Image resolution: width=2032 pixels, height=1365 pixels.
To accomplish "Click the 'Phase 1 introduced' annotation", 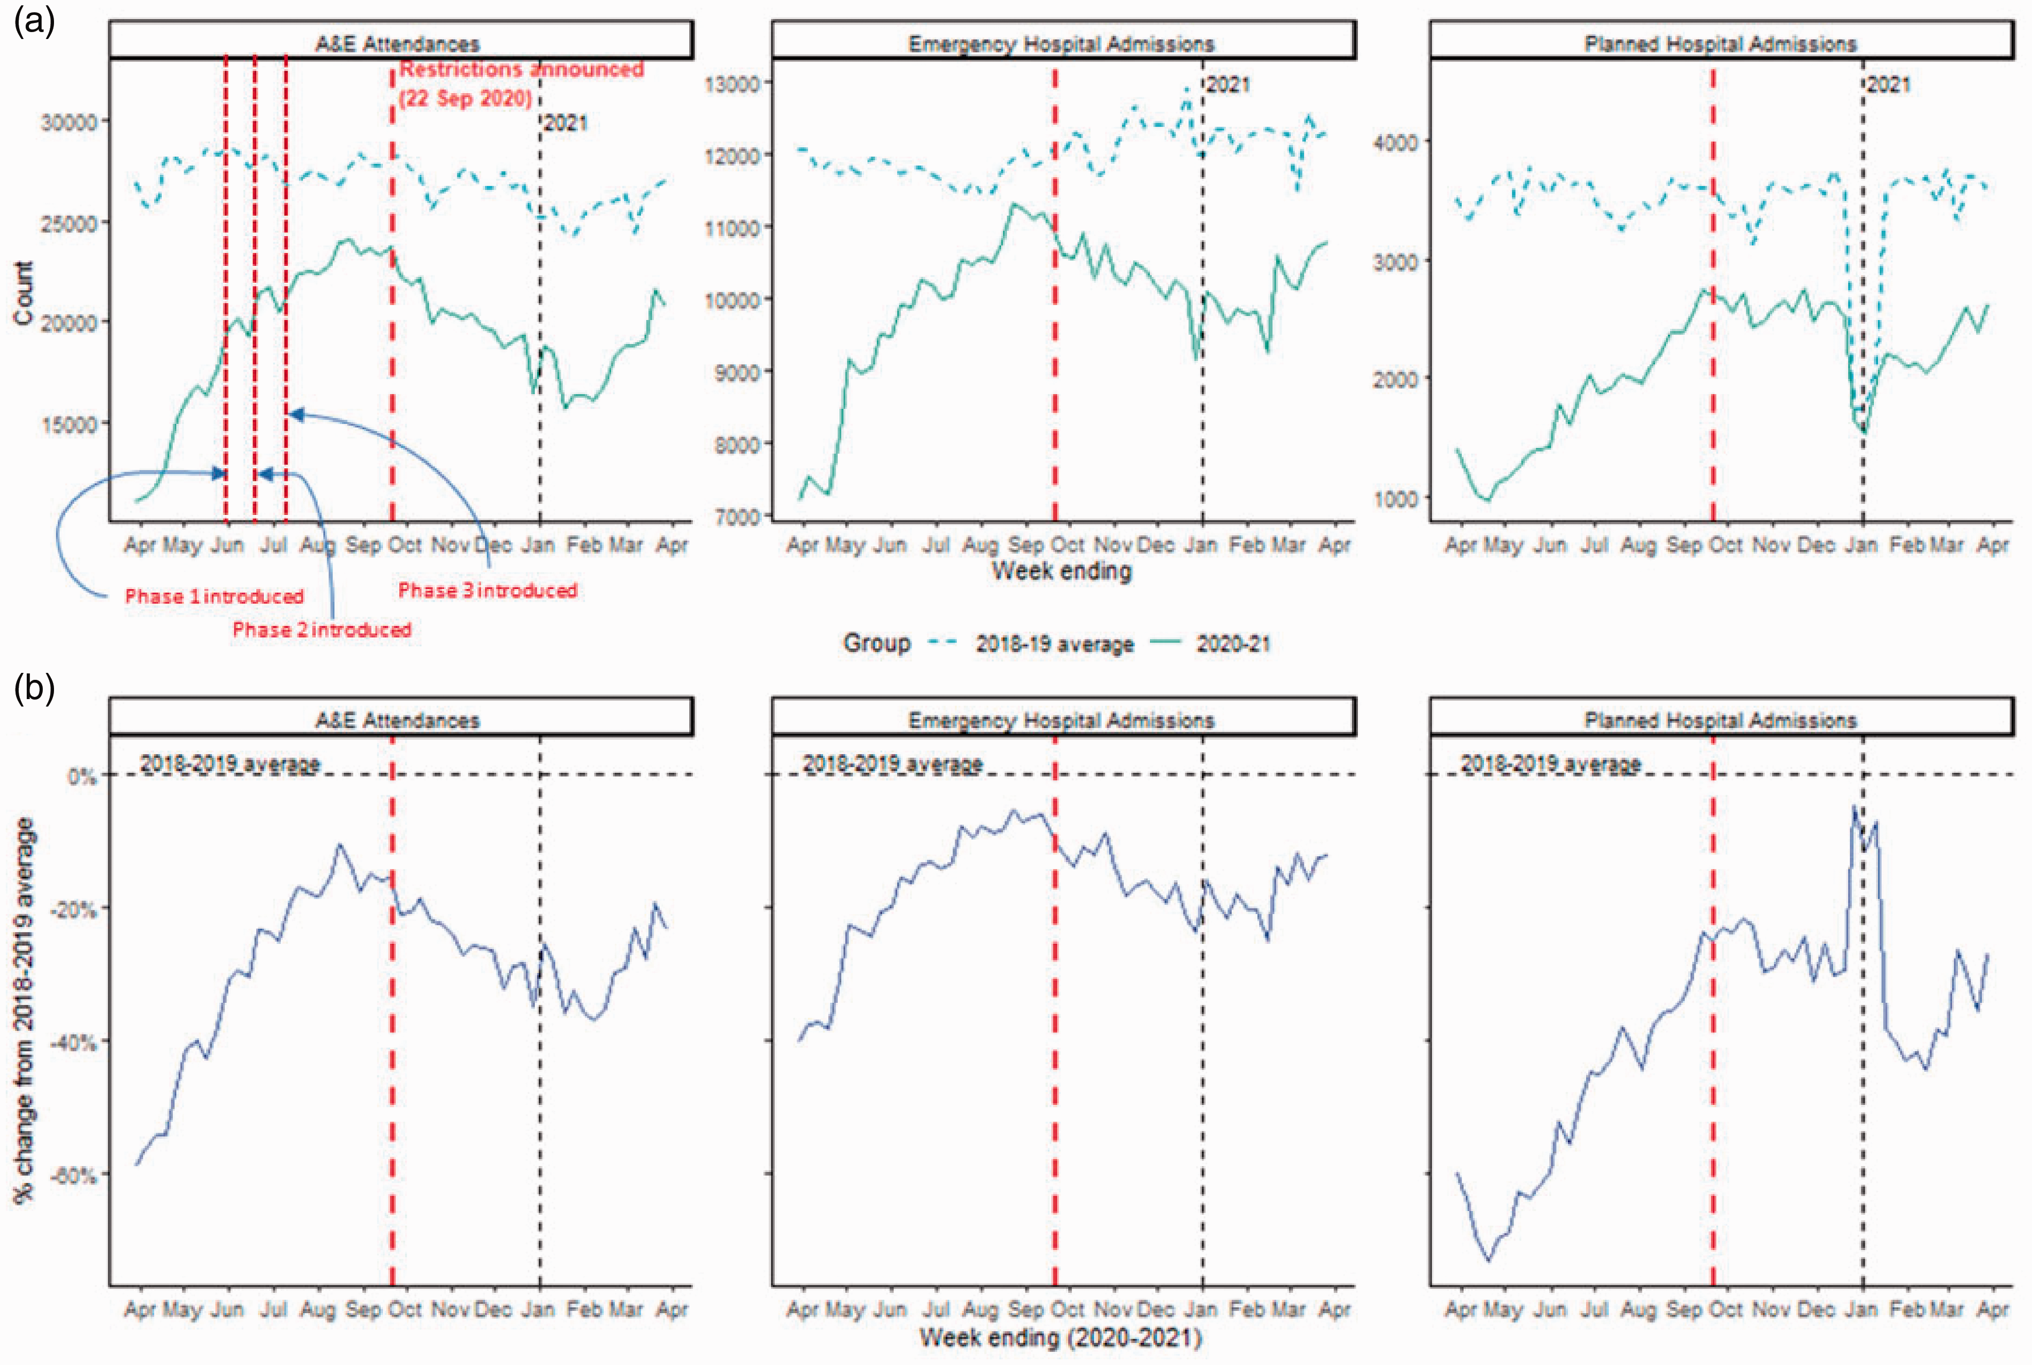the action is coord(214,596).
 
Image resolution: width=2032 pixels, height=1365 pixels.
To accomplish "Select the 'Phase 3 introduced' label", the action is coord(488,590).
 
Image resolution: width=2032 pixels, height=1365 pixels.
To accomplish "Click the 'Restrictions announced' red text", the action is coord(521,69).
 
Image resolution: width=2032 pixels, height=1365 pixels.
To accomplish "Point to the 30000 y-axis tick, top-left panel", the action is coord(69,122).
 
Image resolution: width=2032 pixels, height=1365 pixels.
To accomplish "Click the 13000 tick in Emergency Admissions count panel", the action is coord(733,83).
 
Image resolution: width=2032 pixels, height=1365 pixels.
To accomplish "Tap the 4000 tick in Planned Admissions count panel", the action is coord(1396,142).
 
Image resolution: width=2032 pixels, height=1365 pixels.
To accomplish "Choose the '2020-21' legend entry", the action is coord(1210,644).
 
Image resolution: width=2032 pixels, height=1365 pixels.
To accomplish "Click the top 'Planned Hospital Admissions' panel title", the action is coord(1720,43).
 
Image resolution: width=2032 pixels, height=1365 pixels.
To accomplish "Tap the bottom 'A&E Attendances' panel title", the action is coord(398,720).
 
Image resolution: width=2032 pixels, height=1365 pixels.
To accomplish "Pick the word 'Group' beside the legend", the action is coord(877,643).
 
